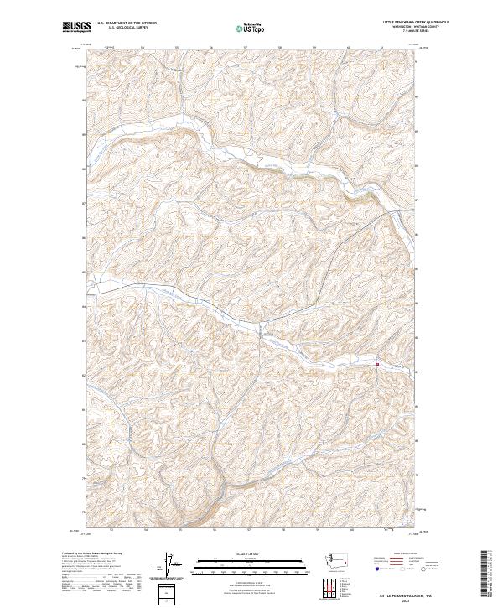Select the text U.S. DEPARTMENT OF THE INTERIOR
click(127, 23)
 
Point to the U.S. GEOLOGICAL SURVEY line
click(121, 28)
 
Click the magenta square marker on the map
click(378, 364)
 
